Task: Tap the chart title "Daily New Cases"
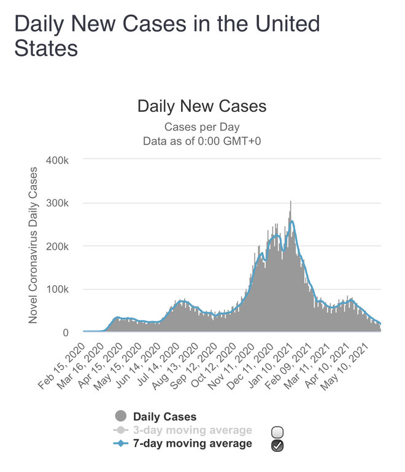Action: pyautogui.click(x=202, y=106)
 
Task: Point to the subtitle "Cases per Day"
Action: pyautogui.click(x=201, y=127)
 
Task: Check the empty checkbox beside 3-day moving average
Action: pyautogui.click(x=277, y=431)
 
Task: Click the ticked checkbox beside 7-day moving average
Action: pyautogui.click(x=277, y=446)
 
